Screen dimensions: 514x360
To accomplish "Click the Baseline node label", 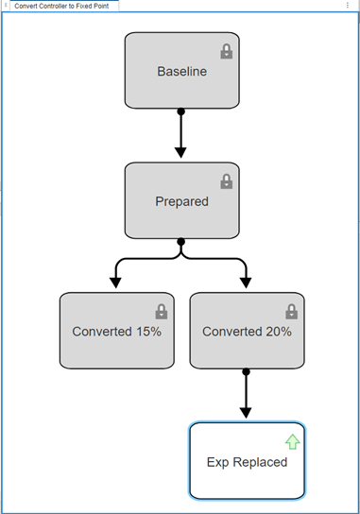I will click(181, 71).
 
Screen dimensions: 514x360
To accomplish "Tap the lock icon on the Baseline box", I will click(227, 51).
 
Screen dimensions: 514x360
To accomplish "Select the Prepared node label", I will click(181, 201).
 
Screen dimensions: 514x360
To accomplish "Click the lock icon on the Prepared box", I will click(227, 180).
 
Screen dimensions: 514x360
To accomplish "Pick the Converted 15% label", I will click(116, 332).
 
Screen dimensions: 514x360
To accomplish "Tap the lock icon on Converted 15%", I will click(162, 311).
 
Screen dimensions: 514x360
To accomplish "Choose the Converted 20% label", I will click(247, 332).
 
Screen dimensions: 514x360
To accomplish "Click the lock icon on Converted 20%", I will click(292, 311).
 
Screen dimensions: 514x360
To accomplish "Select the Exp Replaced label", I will click(247, 462).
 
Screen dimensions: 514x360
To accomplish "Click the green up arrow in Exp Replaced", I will click(292, 441).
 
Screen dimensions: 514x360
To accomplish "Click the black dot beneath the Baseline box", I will click(181, 111).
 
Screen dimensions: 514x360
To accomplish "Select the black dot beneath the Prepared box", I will click(181, 242).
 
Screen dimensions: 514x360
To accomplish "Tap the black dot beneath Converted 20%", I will click(247, 372).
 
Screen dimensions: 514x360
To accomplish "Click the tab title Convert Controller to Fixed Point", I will click(66, 6).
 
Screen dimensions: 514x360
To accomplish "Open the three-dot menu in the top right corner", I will click(349, 6).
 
